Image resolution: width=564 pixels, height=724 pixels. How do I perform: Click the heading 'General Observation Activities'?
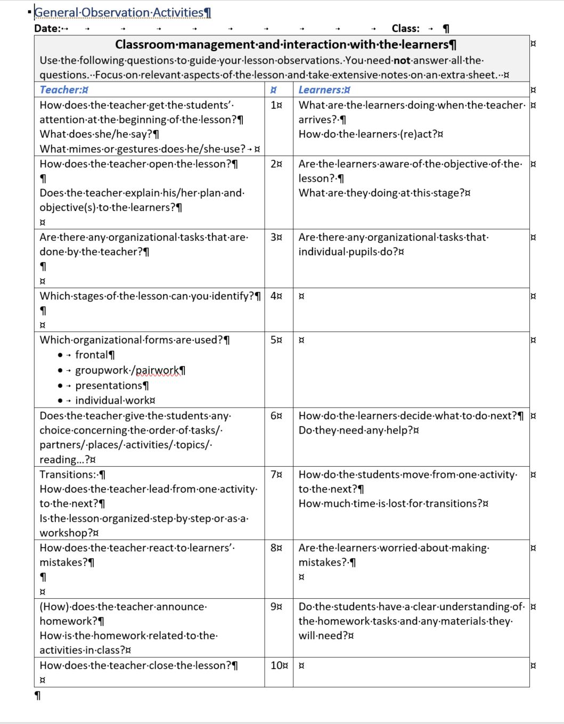click(x=119, y=12)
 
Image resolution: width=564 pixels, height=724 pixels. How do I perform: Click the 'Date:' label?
click(x=47, y=28)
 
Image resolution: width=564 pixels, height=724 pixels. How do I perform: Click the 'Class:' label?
click(x=405, y=28)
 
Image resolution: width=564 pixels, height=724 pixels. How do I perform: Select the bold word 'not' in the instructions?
click(x=402, y=60)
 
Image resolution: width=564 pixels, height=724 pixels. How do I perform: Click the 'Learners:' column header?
click(x=321, y=90)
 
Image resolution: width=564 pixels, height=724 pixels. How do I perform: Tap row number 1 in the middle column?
click(x=275, y=105)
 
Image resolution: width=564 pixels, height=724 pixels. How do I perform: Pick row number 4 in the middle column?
click(x=274, y=296)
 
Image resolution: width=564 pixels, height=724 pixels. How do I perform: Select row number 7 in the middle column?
click(x=274, y=474)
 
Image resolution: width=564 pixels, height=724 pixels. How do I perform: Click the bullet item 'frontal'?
click(x=91, y=355)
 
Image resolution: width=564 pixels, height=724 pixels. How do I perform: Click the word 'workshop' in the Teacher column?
click(x=63, y=533)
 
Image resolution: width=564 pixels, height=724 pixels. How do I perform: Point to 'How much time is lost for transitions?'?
click(x=390, y=503)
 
